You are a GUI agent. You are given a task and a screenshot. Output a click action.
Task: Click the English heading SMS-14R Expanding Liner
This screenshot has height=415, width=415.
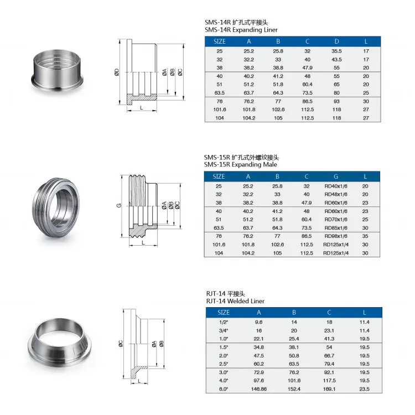[241, 30]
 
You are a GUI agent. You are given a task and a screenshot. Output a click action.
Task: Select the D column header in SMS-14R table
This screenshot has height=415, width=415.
[336, 41]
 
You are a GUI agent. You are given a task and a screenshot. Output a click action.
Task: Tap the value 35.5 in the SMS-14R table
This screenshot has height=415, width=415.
[336, 51]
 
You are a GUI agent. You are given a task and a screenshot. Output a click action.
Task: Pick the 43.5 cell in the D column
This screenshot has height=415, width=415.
[336, 59]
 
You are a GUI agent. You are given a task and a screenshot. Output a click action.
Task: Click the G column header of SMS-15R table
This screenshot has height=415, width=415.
[336, 177]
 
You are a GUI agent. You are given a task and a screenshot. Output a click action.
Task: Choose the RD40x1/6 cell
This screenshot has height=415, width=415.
[336, 186]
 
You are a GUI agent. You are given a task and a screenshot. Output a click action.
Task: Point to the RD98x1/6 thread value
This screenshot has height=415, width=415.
[336, 236]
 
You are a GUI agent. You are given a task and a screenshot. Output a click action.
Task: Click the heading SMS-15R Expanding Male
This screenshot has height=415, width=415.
[241, 165]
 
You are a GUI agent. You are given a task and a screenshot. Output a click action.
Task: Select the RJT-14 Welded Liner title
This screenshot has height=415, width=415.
[235, 301]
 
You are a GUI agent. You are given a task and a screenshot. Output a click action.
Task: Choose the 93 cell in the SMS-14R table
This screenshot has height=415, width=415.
[336, 101]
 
